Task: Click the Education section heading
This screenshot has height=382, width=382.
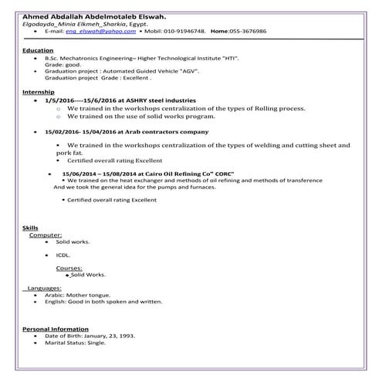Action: click(38, 50)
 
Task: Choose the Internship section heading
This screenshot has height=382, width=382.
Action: click(39, 93)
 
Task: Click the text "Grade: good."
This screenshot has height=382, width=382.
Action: click(64, 66)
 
